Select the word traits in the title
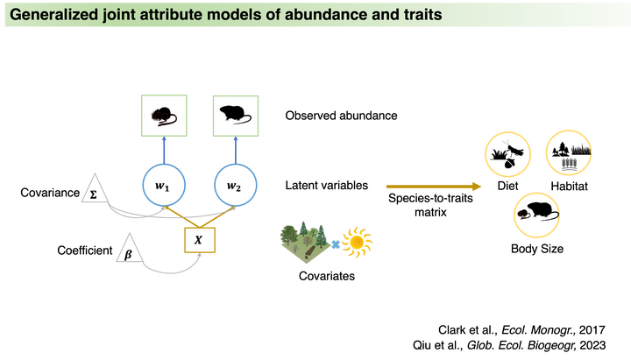point(420,15)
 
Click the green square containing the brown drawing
point(165,116)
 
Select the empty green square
point(236,116)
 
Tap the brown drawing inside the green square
point(165,115)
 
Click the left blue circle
point(165,184)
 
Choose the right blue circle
point(236,184)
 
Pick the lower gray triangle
point(128,248)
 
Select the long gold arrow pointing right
point(434,186)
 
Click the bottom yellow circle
point(536,215)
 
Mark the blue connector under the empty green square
point(236,149)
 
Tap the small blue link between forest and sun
point(335,243)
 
